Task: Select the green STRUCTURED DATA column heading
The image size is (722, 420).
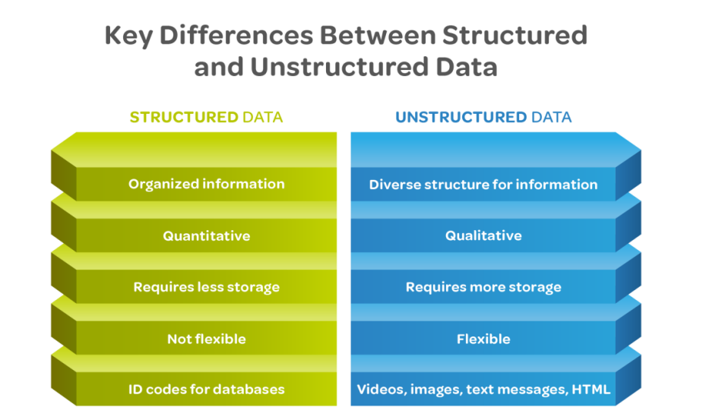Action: click(x=206, y=117)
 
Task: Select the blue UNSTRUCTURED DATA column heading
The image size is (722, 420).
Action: click(x=483, y=117)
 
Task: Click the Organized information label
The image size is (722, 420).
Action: click(x=206, y=184)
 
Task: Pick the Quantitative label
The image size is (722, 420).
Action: click(x=206, y=235)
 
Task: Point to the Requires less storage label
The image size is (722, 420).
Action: click(x=206, y=287)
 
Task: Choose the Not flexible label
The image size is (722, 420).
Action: click(x=206, y=339)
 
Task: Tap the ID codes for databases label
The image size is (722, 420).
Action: click(x=206, y=390)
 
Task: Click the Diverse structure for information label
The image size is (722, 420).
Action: click(x=483, y=184)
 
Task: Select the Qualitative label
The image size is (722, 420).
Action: click(x=483, y=235)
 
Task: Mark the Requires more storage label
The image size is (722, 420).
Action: click(x=483, y=287)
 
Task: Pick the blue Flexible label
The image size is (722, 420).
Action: click(x=483, y=339)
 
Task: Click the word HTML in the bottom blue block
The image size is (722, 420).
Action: click(x=592, y=390)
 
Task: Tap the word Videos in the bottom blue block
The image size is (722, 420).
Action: click(x=380, y=390)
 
